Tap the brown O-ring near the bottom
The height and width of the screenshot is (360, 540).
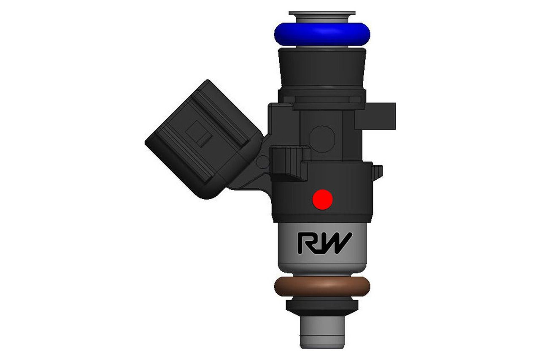(x=322, y=286)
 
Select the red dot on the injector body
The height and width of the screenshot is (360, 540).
(x=322, y=198)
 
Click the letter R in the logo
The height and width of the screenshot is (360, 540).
(x=307, y=244)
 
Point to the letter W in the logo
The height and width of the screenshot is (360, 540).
(x=335, y=244)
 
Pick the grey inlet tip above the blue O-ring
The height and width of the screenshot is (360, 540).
(x=322, y=17)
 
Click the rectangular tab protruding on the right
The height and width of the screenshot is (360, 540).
(x=378, y=115)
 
